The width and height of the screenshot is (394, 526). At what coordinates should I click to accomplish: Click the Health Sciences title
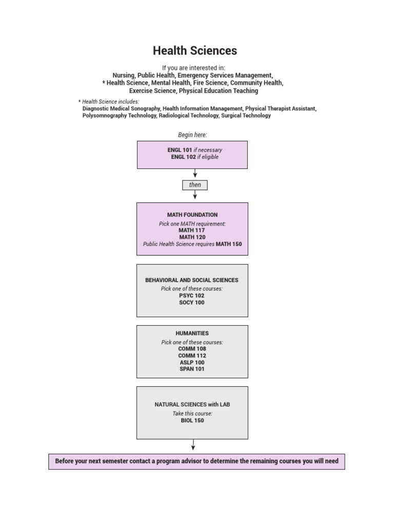(x=195, y=50)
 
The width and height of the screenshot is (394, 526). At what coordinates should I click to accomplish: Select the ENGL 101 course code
(x=180, y=150)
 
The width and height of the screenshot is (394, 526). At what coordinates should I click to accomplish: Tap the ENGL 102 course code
(x=183, y=157)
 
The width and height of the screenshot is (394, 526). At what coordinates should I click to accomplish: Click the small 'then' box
(x=195, y=185)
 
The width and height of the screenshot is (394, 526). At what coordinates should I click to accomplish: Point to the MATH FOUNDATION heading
(x=192, y=215)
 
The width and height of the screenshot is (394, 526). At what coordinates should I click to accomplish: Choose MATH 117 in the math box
(x=192, y=231)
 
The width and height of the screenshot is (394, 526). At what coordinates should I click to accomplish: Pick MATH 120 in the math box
(x=192, y=237)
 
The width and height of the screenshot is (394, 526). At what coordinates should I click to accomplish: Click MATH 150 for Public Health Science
(x=228, y=245)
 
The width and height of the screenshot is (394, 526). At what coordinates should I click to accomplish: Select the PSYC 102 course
(x=192, y=296)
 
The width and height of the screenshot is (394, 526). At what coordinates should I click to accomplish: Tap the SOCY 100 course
(x=192, y=303)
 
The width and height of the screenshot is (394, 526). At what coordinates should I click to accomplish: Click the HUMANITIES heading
(x=192, y=333)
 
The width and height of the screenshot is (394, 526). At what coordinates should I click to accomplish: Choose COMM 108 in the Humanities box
(x=192, y=349)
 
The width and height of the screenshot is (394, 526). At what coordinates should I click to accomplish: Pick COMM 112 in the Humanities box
(x=192, y=355)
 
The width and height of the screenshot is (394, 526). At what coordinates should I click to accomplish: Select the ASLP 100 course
(x=192, y=362)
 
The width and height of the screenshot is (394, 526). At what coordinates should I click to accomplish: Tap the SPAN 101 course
(x=192, y=369)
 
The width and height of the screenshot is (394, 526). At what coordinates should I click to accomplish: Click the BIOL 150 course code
(x=192, y=420)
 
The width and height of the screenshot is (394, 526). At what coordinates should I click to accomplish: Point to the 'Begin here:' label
(x=192, y=135)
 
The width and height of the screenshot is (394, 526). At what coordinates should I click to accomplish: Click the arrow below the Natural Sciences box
(x=193, y=445)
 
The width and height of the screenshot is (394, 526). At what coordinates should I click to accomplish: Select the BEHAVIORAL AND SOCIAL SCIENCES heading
(x=192, y=280)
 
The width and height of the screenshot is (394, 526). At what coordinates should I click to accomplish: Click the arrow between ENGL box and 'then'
(x=195, y=174)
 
